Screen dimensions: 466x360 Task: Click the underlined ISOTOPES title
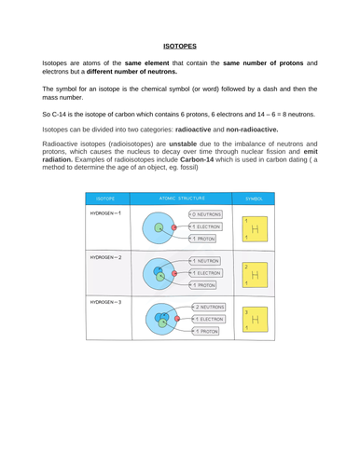coord(180,46)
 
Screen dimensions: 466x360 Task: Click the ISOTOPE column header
coord(104,199)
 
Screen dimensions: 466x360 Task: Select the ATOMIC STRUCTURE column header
coord(180,199)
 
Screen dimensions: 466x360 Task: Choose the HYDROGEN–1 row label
coord(106,214)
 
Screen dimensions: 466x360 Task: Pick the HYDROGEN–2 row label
coord(106,255)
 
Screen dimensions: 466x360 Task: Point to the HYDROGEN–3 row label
coord(106,303)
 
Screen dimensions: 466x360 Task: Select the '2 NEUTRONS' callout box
coord(209,307)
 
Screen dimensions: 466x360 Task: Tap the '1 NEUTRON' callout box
coord(206,261)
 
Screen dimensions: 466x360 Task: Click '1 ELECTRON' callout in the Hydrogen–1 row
coord(206,226)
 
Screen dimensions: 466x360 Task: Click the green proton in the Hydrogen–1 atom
coord(159,227)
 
